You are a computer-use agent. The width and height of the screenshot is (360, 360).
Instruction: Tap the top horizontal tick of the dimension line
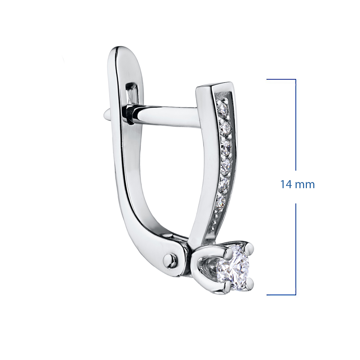point(281,79)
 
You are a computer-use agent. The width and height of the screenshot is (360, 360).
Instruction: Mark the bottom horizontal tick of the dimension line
point(281,295)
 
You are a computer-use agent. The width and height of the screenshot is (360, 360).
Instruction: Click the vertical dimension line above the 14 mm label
point(295,125)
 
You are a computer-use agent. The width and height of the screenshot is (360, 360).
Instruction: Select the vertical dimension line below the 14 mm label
point(295,249)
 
